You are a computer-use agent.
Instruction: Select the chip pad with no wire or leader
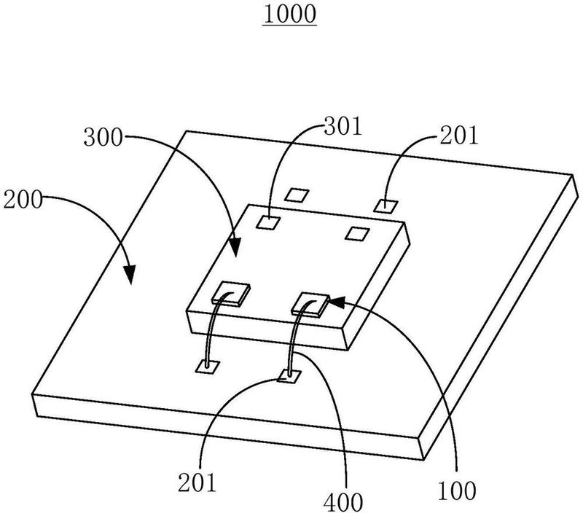coord(356,233)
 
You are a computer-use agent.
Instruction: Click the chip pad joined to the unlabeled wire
coord(230,292)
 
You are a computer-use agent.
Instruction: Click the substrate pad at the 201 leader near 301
coord(387,205)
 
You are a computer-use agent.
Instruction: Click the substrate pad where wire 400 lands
coord(289,376)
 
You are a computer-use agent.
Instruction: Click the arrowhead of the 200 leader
coord(130,276)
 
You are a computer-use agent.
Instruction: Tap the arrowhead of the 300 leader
coord(235,250)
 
